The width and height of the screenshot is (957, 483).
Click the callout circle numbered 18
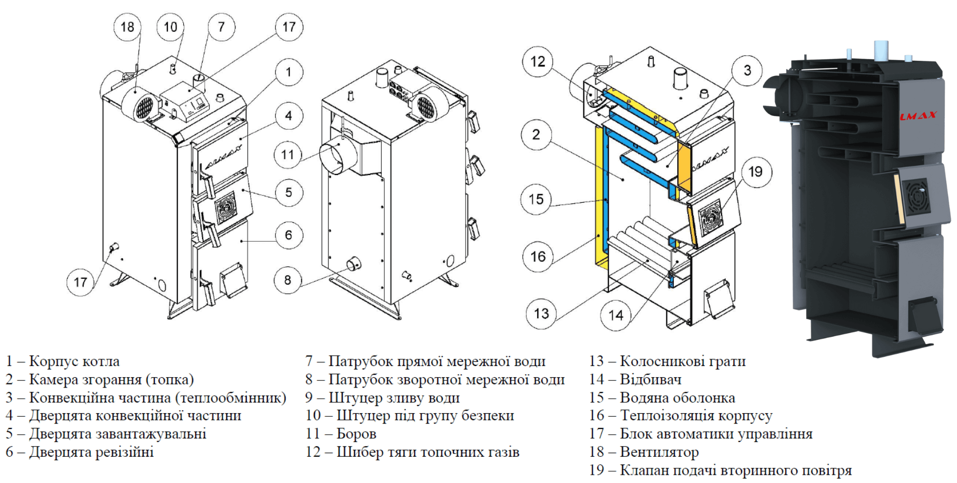[x=127, y=27]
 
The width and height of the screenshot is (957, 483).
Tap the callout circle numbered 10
[x=170, y=27]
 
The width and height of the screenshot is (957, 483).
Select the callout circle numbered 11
[x=288, y=154]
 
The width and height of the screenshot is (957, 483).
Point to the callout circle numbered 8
[x=287, y=280]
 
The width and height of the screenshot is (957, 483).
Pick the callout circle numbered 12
[x=537, y=62]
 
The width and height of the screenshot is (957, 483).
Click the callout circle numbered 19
[x=755, y=172]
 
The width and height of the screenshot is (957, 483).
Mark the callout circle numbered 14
[x=615, y=315]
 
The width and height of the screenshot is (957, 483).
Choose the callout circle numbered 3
[x=747, y=70]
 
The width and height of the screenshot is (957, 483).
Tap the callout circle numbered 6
[x=288, y=235]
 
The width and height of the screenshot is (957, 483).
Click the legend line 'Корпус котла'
[x=63, y=361]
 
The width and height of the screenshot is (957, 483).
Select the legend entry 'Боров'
[x=341, y=434]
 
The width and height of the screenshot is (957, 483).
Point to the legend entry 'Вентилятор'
[x=644, y=452]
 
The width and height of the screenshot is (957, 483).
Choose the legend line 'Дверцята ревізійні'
[x=80, y=452]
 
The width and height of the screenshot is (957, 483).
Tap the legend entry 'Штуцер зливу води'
[x=383, y=398]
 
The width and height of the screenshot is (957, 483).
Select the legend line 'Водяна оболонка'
[x=662, y=398]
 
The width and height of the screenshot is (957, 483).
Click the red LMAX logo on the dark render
[x=919, y=115]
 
